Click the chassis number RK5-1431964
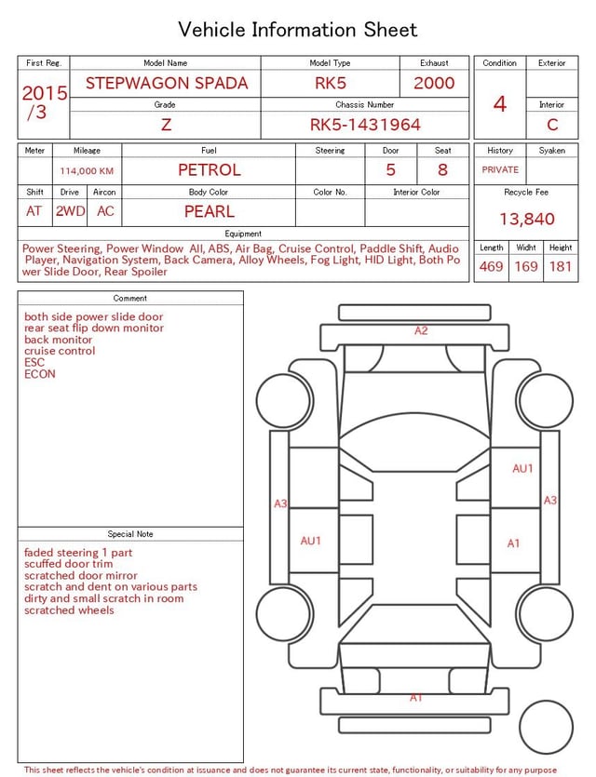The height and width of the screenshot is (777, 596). [365, 125]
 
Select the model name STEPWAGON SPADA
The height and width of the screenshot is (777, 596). [167, 83]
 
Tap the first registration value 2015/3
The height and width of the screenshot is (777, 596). [44, 102]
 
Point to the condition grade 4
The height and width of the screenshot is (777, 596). [500, 104]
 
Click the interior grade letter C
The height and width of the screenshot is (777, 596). [552, 125]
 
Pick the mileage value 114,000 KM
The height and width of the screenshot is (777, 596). [87, 171]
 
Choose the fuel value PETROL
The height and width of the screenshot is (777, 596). [210, 170]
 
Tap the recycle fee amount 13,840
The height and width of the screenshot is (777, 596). [526, 219]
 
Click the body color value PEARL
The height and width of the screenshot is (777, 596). [210, 211]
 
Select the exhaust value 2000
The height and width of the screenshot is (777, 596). [434, 83]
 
